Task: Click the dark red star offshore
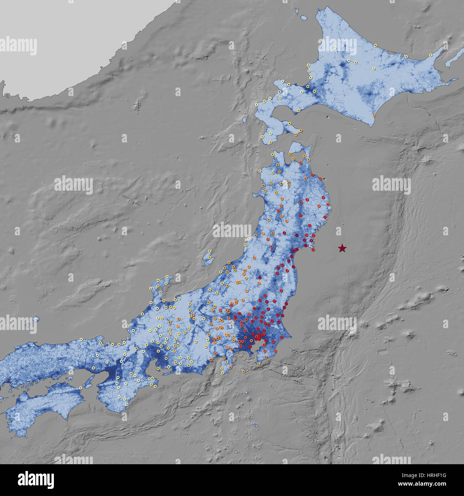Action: (x=342, y=248)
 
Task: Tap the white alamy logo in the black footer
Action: (x=36, y=480)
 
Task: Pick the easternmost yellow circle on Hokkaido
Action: (x=431, y=55)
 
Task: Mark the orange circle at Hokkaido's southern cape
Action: (x=374, y=115)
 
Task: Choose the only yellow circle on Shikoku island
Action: (x=81, y=388)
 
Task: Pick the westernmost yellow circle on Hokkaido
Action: (x=257, y=105)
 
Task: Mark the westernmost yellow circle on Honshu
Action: (x=81, y=339)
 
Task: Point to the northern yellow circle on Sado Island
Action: (x=210, y=251)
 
